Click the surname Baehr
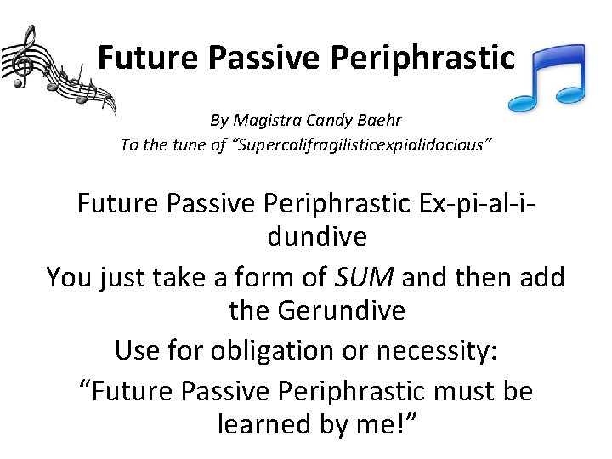[x=377, y=121]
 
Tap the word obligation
[x=269, y=349]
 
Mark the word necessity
[x=433, y=349]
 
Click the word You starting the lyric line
[x=71, y=277]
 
